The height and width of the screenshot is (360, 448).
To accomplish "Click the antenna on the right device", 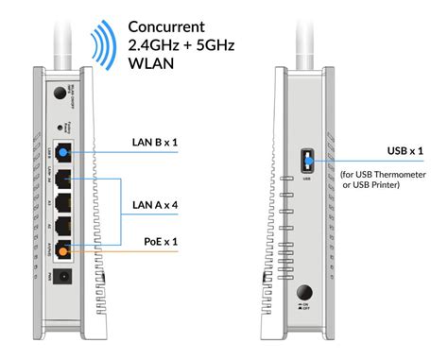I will tap(305, 28).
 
